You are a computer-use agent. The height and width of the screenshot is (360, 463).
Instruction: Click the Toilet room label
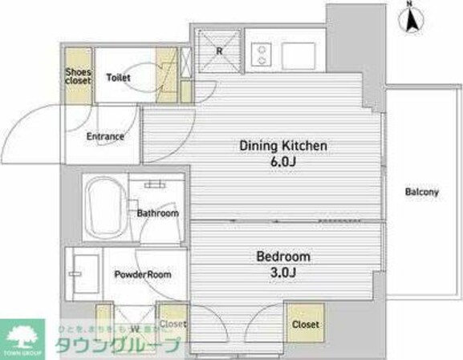(118, 78)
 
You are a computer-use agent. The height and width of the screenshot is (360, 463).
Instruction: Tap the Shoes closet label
(78, 77)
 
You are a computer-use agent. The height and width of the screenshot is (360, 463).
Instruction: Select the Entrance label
(105, 136)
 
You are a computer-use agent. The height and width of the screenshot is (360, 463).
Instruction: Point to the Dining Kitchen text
(283, 146)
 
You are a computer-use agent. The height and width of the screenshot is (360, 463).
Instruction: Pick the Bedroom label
(282, 257)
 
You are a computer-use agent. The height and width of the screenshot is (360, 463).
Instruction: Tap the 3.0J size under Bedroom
(282, 273)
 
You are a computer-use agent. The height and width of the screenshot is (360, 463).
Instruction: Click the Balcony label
(421, 192)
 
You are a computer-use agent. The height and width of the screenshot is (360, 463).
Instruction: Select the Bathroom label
(156, 213)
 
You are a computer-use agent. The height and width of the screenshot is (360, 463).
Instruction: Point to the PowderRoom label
(143, 274)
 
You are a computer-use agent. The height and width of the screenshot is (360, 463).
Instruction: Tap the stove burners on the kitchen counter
(261, 54)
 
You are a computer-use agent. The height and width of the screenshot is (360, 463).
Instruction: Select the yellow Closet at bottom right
(305, 324)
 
